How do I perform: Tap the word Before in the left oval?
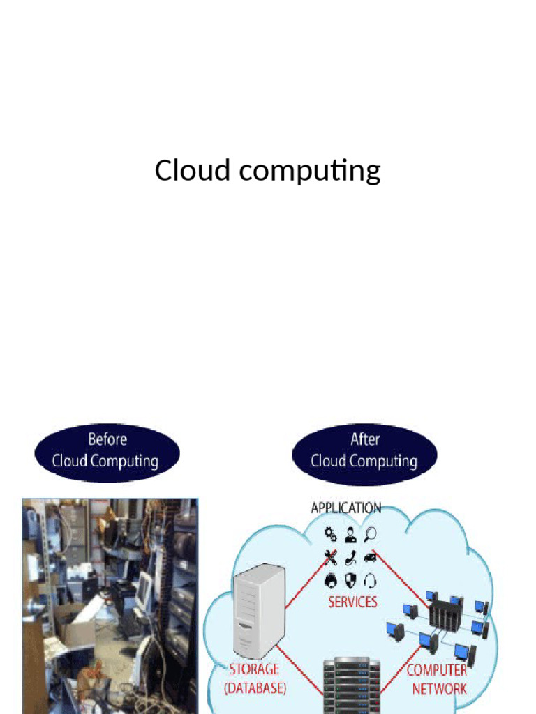pos(107,440)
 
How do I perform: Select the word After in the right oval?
pos(364,440)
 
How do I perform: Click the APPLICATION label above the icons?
pos(345,508)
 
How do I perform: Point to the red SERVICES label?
pos(352,601)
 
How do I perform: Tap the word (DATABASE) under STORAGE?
pos(256,688)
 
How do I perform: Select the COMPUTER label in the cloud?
pos(437,670)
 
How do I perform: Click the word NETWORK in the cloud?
pos(438,689)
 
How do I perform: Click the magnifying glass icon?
pos(371,534)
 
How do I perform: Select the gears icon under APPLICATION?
pos(330,535)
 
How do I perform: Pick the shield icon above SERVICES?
pos(350,580)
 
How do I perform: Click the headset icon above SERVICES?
pos(371,580)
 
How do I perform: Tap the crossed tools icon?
pos(330,558)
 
